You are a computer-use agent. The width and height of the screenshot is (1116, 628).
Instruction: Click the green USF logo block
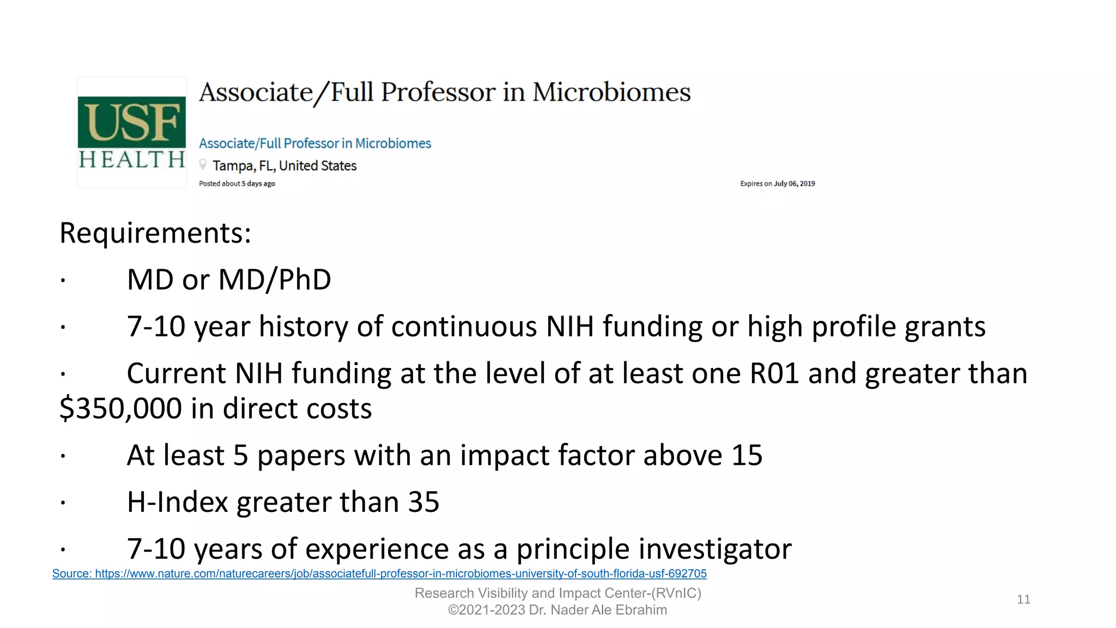coord(132,122)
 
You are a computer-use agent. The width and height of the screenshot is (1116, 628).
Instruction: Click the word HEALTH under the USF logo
coord(132,160)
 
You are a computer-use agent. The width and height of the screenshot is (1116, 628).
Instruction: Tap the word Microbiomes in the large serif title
coord(611,92)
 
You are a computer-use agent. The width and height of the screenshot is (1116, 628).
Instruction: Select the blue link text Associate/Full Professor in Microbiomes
coord(315,143)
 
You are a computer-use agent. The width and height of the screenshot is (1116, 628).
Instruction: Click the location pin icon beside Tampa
coord(203,164)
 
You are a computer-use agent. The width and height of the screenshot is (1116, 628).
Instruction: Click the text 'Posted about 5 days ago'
coord(237,184)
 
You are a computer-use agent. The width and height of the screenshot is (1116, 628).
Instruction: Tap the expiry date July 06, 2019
coord(794,184)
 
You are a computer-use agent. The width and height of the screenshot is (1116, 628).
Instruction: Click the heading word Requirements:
coord(155,233)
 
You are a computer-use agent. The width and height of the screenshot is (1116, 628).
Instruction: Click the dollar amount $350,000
coord(120,409)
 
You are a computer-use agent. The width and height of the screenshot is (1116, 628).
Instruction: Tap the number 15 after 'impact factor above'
coord(747,455)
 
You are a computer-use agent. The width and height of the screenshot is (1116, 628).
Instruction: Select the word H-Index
coord(177,502)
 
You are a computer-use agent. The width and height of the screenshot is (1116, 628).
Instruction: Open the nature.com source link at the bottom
coord(379,574)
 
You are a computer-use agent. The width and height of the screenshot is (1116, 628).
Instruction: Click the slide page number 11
coord(1023,600)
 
